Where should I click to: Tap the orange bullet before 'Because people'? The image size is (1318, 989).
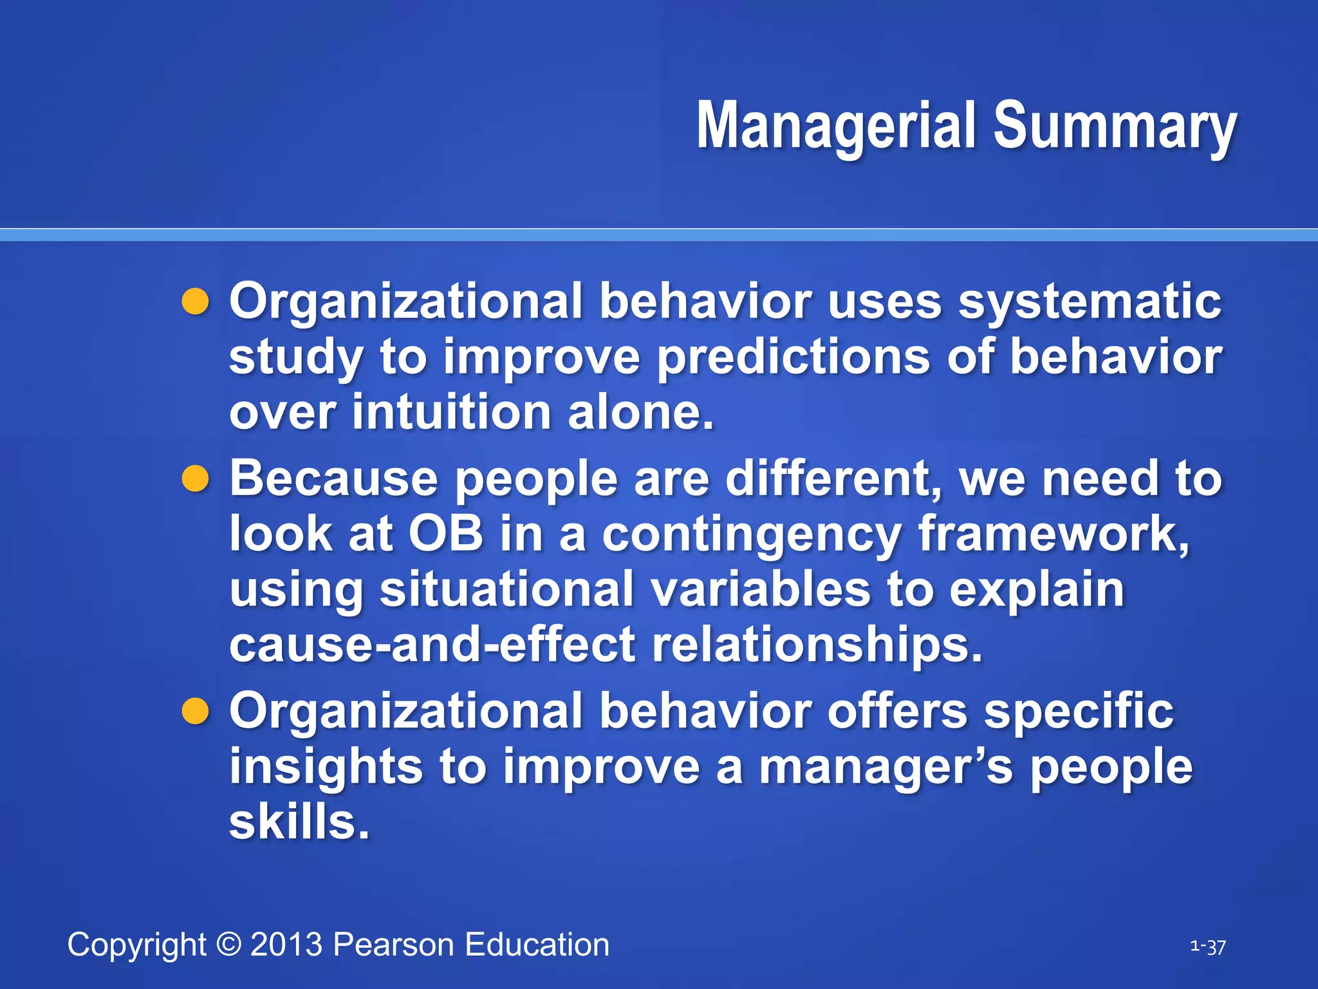coord(196,479)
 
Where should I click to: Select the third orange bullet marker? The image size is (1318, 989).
coord(196,712)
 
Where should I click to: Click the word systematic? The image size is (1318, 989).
coord(1090,302)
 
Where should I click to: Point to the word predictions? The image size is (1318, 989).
coord(793,357)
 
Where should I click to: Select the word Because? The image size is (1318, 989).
coord(333,479)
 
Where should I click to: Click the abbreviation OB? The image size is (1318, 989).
coord(446,534)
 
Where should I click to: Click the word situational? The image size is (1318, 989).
coord(506,589)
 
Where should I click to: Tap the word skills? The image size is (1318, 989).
coord(299,822)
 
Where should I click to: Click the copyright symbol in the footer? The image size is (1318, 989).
coord(228,945)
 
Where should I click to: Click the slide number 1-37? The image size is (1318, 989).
coord(1208,947)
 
